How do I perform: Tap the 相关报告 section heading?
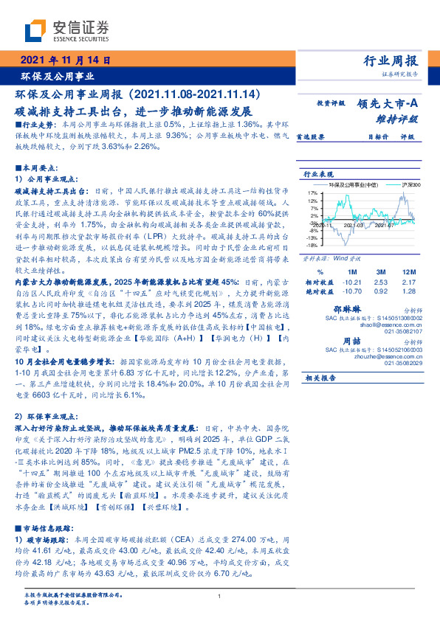pos(320,378)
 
